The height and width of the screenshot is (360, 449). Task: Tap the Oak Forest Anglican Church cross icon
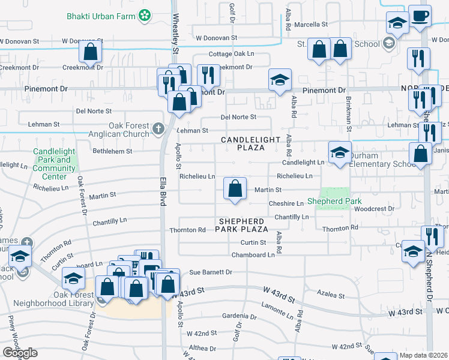158,128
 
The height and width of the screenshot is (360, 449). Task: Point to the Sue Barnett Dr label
211,272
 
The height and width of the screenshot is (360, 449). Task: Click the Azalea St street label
331,296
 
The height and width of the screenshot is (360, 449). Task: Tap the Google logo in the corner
20,353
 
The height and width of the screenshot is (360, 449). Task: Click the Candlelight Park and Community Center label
54,164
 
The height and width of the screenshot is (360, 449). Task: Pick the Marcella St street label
310,25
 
